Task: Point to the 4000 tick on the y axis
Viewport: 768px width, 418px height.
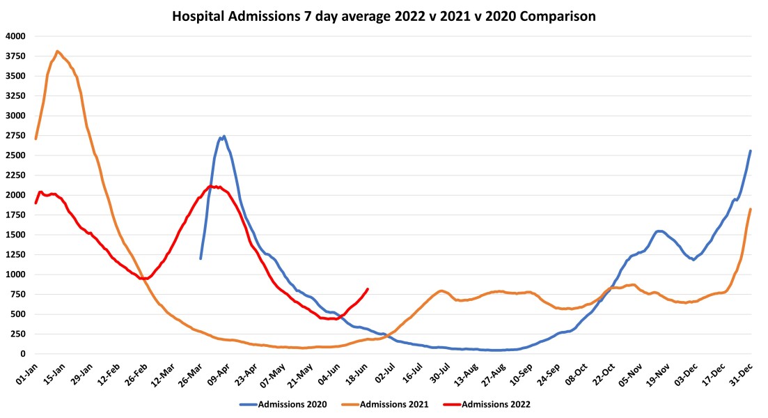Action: click(x=15, y=36)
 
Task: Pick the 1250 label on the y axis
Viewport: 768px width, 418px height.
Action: click(x=15, y=255)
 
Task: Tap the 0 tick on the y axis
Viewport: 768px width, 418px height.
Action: click(x=22, y=354)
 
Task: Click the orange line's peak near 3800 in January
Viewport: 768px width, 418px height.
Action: click(x=57, y=51)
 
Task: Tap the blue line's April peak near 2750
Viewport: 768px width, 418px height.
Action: click(x=224, y=137)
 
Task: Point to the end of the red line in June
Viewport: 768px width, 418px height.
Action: click(x=368, y=289)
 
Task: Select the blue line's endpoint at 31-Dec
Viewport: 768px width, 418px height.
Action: click(x=750, y=150)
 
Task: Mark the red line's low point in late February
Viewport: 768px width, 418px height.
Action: click(x=144, y=279)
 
